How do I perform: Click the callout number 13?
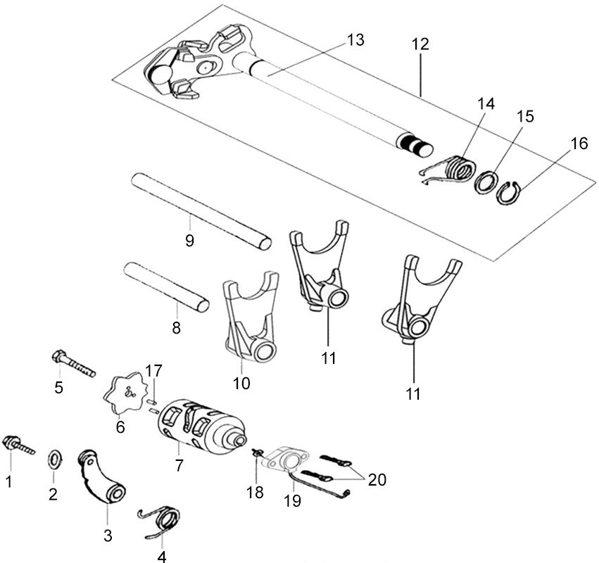click(355, 39)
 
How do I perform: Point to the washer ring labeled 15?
click(486, 182)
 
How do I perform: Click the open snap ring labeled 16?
click(509, 194)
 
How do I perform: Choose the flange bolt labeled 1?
click(18, 445)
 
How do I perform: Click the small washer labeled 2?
click(55, 459)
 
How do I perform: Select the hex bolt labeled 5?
click(73, 363)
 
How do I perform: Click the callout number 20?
click(377, 479)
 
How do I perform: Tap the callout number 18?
click(255, 492)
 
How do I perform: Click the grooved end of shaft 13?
click(415, 144)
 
